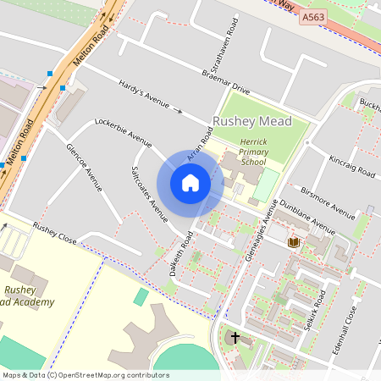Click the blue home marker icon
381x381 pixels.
tap(190, 183)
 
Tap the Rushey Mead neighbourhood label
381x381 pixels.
tap(252, 122)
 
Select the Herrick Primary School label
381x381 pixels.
tap(253, 152)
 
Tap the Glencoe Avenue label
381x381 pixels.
tap(83, 166)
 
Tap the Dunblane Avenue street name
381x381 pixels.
tap(307, 218)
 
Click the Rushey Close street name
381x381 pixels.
tap(55, 235)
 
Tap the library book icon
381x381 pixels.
tap(293, 242)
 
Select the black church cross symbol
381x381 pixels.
tap(235, 338)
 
